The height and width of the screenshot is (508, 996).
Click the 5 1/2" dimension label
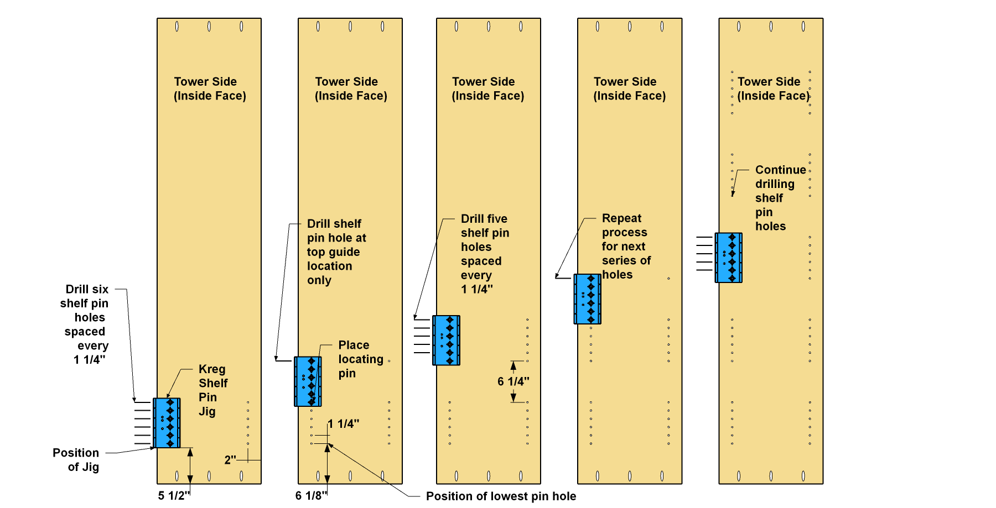coord(174,495)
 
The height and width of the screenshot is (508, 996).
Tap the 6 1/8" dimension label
coord(311,495)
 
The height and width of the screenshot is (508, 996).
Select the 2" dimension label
coord(230,460)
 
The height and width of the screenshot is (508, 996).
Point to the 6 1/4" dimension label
coord(513,381)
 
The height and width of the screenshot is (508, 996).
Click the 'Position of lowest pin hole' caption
coord(501,496)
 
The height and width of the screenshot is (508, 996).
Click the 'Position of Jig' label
coord(76,460)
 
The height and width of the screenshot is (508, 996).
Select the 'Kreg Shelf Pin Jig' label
coord(213,390)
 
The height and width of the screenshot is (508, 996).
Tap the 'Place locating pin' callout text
coord(361,359)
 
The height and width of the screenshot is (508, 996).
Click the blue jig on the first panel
coord(167,423)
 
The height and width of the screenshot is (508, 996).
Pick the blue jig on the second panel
coord(308,381)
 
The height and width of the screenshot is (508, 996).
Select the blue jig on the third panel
coord(446,341)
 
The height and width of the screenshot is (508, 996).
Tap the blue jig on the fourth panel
coord(587,299)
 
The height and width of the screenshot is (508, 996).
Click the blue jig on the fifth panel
coord(728,258)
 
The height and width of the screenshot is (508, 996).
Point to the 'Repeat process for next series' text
coord(626,247)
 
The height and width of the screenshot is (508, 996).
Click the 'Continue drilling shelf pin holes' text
coord(781,198)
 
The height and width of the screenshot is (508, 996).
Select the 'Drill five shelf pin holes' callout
coord(485,254)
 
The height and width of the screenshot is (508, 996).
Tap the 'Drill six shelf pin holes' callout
coord(85,324)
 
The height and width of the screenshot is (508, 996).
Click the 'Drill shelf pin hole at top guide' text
coord(336,252)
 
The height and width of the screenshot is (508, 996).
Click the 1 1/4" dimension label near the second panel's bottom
coord(343,424)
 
